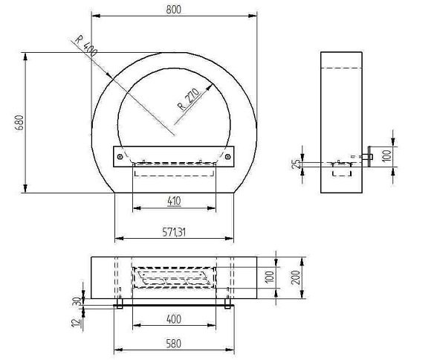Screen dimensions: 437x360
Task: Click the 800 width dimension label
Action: pyautogui.click(x=174, y=10)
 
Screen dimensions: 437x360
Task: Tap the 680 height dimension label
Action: pyautogui.click(x=19, y=123)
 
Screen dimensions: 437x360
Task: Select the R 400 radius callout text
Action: pyautogui.click(x=86, y=45)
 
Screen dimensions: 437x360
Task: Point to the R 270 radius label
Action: pyautogui.click(x=189, y=99)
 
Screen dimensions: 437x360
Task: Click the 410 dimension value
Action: pyautogui.click(x=174, y=201)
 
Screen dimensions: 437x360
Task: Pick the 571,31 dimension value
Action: pyautogui.click(x=174, y=232)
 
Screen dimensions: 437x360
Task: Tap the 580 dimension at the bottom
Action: pyautogui.click(x=174, y=344)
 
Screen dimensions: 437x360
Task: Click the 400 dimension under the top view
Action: pyautogui.click(x=174, y=319)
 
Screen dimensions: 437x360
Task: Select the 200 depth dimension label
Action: pyautogui.click(x=296, y=277)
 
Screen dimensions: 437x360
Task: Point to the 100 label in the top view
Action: pyautogui.click(x=270, y=277)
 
